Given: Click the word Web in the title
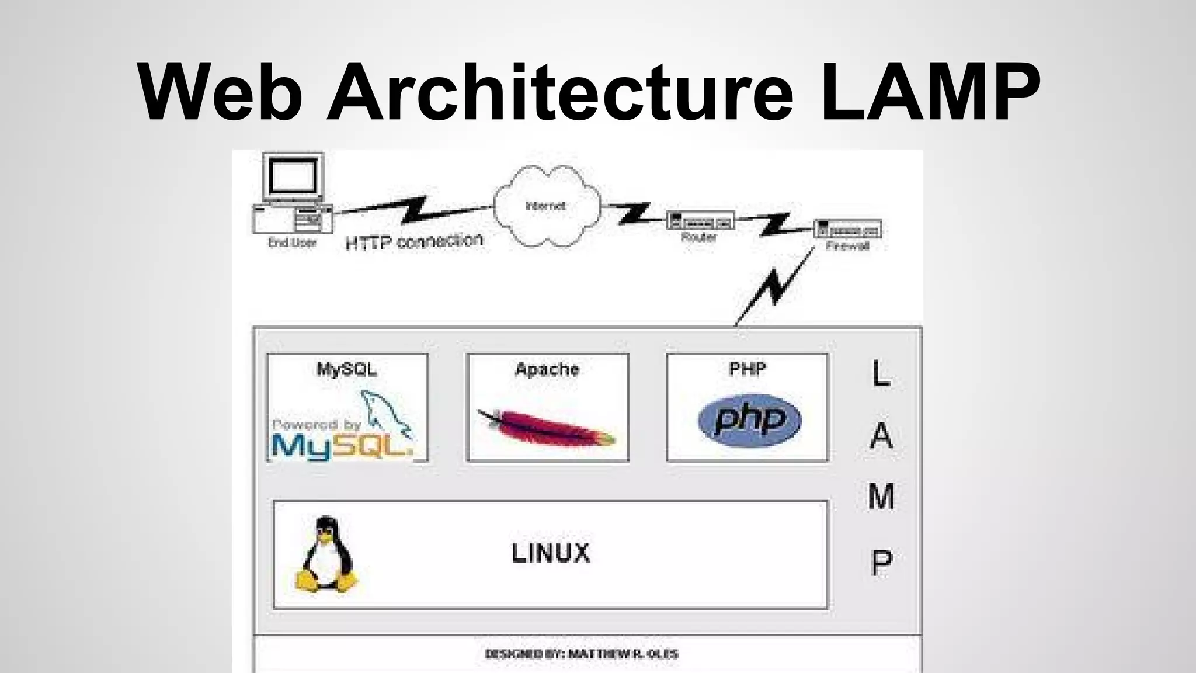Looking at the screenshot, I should click(x=220, y=92).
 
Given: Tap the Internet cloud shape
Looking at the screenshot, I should click(x=546, y=206).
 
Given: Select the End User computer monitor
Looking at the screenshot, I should click(x=293, y=176).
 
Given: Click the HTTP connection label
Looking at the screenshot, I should click(x=414, y=241).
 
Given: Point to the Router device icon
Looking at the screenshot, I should click(x=700, y=221).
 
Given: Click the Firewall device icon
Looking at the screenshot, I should click(x=847, y=228).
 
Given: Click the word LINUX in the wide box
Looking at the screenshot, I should click(x=551, y=553).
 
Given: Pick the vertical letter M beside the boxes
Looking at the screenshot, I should click(x=881, y=497).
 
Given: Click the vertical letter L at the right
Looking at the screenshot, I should click(x=880, y=373).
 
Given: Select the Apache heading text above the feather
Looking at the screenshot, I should click(x=547, y=369).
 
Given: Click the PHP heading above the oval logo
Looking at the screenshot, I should click(x=747, y=369).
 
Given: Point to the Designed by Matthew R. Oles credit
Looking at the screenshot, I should click(x=582, y=654).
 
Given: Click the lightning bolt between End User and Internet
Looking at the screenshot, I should click(x=415, y=210).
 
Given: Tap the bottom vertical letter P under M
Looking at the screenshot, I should click(x=881, y=562).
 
